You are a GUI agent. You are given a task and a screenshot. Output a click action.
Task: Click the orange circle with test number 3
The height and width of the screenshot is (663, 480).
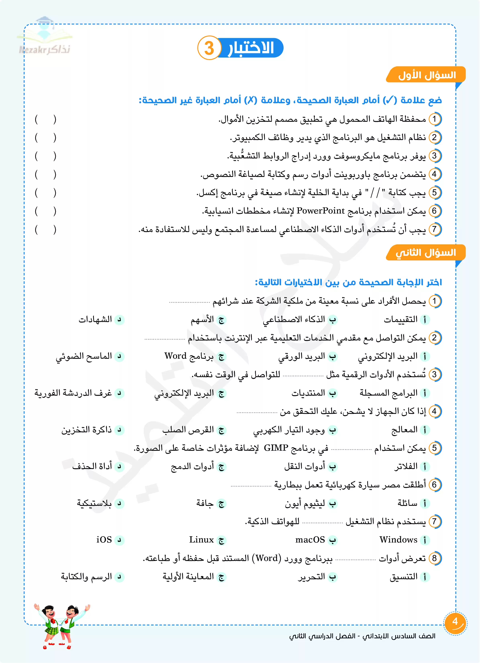click(x=209, y=48)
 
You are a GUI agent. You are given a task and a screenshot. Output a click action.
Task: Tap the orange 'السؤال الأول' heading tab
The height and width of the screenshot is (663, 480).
click(x=426, y=75)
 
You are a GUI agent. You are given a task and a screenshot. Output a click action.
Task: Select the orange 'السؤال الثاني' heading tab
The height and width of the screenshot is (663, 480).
click(x=426, y=253)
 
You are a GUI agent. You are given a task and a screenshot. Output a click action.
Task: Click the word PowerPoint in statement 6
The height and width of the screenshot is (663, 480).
click(x=321, y=211)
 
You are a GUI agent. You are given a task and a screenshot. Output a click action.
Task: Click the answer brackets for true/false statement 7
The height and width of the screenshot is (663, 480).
click(x=45, y=230)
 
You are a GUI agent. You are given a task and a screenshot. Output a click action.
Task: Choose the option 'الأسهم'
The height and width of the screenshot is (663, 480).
click(x=202, y=320)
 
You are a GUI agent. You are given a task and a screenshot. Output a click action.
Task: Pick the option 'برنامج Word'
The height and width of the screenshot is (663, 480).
click(x=189, y=356)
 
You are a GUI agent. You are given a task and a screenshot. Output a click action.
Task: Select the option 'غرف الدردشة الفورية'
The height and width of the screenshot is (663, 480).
click(x=73, y=393)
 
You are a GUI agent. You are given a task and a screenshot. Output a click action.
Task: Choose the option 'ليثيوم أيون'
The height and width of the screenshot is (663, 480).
click(x=305, y=503)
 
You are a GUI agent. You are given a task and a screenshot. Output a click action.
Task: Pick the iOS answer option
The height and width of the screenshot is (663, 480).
click(x=104, y=540)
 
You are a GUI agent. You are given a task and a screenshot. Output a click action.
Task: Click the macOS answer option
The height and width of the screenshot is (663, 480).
click(x=310, y=540)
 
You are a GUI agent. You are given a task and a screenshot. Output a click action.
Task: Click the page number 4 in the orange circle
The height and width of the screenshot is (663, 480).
click(x=455, y=622)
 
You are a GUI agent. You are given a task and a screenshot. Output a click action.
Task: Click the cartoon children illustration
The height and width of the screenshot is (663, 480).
click(x=61, y=626)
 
